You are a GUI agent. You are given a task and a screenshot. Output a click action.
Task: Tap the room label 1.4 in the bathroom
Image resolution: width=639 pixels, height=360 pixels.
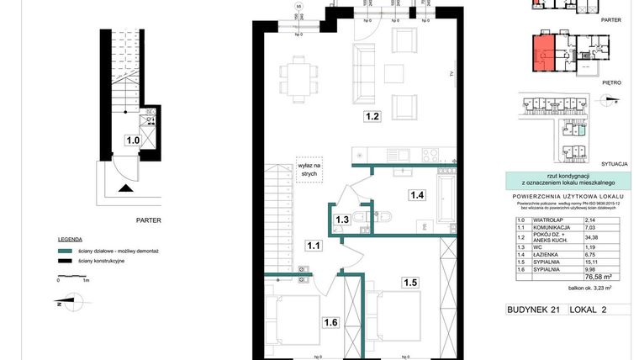pos(418,195)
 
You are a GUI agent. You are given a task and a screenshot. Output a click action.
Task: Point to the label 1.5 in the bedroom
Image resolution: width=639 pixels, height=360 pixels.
pos(409,282)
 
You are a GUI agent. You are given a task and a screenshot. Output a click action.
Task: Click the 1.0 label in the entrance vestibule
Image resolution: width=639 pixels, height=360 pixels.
pos(132,140)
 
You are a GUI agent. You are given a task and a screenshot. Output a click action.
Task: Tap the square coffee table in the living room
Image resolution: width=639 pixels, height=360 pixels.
pos(395,71)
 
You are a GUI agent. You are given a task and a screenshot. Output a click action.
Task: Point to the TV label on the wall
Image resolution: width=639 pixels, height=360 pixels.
pos(452,75)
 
